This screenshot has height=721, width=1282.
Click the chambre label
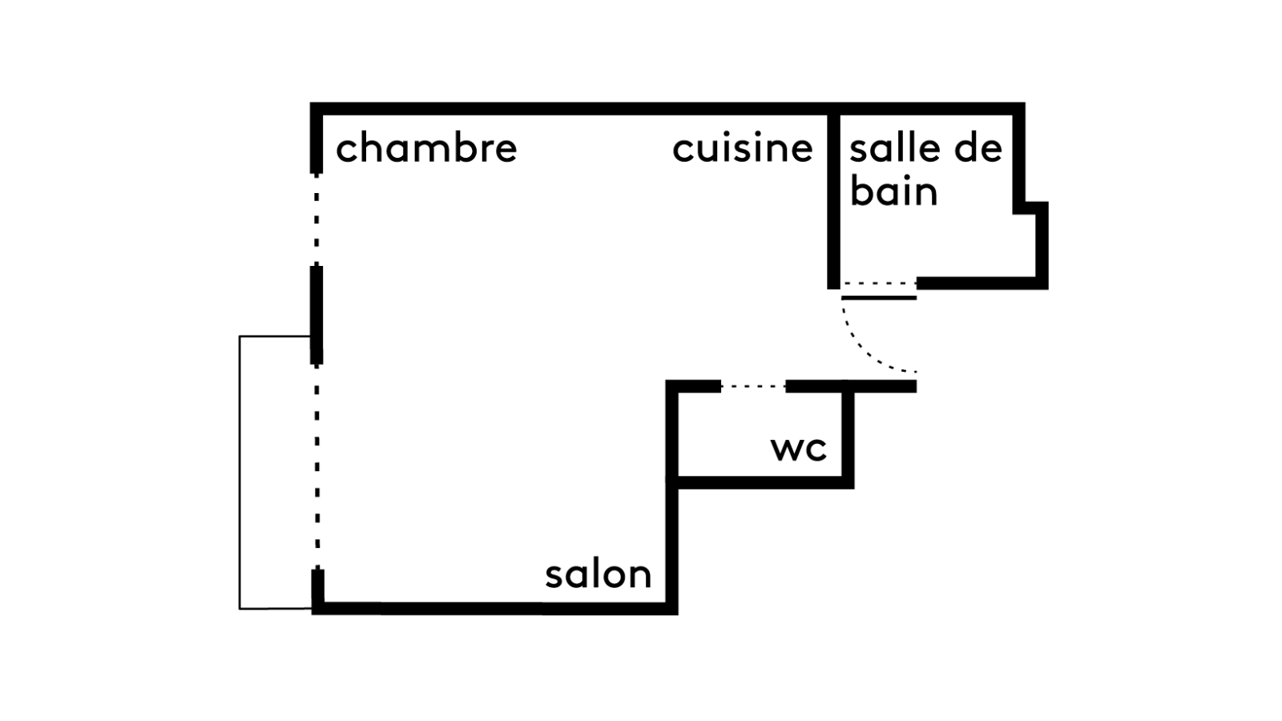(x=426, y=148)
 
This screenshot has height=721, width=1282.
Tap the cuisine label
(x=742, y=148)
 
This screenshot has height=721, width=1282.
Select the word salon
(x=598, y=574)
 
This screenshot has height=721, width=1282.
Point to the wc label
(x=798, y=449)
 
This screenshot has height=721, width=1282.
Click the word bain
(x=893, y=191)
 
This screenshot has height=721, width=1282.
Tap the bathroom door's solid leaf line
(x=878, y=298)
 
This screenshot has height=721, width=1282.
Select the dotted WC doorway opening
(x=753, y=387)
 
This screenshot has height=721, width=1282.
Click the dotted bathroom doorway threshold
(x=878, y=284)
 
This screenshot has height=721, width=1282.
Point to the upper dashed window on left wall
(x=317, y=218)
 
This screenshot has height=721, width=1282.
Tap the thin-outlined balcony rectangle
(x=240, y=473)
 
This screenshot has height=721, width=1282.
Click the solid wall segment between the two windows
(x=317, y=314)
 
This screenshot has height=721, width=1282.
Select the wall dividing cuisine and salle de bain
(x=833, y=200)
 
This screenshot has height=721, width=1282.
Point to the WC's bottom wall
(x=761, y=481)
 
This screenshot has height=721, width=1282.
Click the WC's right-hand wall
(x=848, y=437)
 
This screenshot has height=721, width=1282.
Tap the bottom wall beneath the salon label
(x=497, y=608)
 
